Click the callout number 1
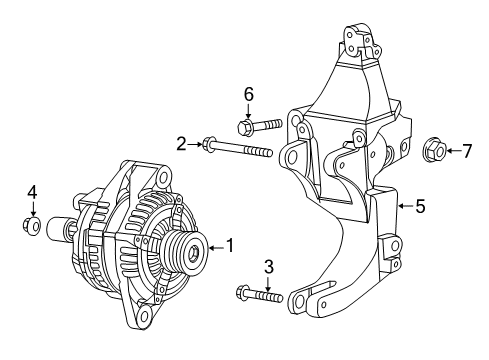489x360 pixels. coord(230,244)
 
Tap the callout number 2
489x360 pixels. coord(182,144)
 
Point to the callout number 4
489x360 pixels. coord(32,190)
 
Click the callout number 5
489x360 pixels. coord(420,207)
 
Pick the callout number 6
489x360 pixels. coord(250,95)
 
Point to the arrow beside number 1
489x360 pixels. coord(214,244)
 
